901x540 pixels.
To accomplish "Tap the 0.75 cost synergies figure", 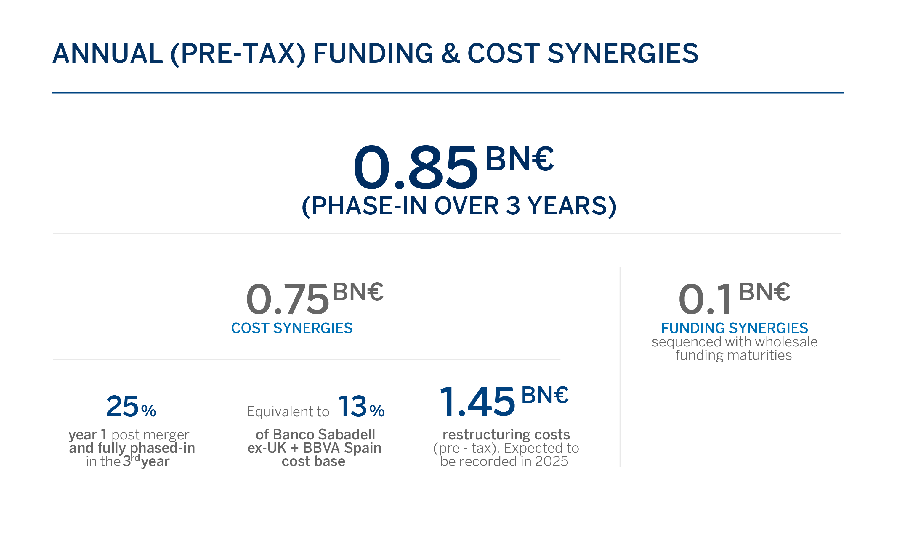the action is click(288, 299).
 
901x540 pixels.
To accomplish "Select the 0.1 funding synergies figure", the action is click(705, 299).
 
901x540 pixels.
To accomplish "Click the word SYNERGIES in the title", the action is click(623, 53).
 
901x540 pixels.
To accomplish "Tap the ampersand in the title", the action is click(450, 53).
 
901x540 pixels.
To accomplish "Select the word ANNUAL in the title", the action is click(108, 53).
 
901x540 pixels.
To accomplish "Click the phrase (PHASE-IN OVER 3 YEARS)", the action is click(459, 206).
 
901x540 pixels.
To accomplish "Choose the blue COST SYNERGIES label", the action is click(292, 328).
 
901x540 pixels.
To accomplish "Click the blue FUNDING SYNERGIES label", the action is click(735, 328).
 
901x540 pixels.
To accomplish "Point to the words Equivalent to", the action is click(288, 412).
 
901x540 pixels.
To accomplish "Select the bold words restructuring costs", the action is click(506, 434).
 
